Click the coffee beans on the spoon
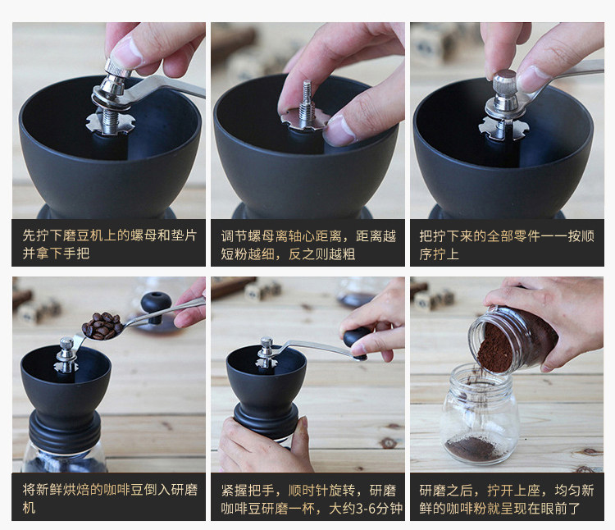102,325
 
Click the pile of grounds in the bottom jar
473,448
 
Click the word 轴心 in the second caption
302,236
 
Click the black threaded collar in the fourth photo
65,432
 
